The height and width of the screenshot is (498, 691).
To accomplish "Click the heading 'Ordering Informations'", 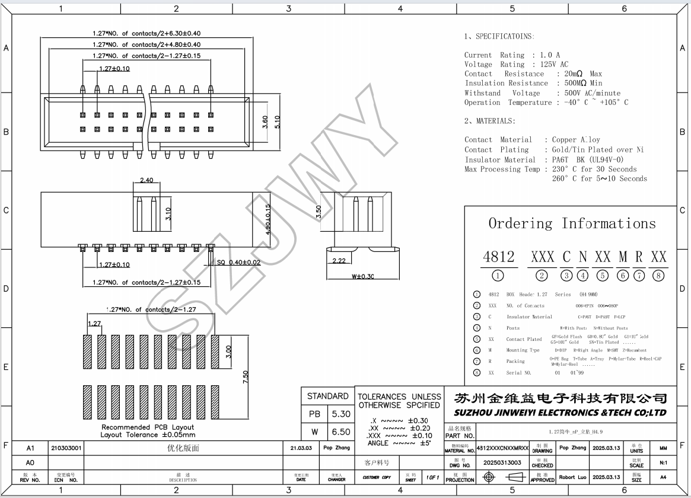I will click(x=572, y=224).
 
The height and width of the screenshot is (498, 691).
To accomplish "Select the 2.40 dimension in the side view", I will click(x=147, y=180).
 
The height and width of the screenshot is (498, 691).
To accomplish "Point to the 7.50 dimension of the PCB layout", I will click(x=246, y=377).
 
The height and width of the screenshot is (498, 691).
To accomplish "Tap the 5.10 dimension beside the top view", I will click(x=277, y=122).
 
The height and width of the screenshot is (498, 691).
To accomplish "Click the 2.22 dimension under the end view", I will click(x=339, y=261).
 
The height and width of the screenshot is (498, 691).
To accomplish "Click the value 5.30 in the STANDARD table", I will click(x=342, y=414).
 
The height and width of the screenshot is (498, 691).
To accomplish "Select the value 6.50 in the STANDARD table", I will click(x=342, y=432).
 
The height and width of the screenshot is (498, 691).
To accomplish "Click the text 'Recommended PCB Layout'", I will click(x=147, y=427).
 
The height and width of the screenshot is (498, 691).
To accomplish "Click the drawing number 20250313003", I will click(x=502, y=462).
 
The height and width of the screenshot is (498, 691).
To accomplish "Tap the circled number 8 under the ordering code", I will click(x=658, y=275).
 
